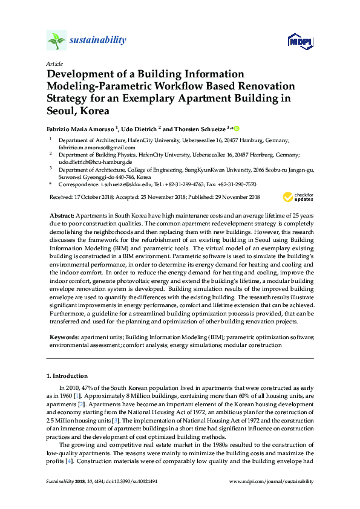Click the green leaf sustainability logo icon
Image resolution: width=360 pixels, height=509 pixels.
(56, 41)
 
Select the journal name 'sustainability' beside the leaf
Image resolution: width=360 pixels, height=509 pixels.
(98, 41)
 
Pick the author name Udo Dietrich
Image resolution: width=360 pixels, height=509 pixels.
(139, 128)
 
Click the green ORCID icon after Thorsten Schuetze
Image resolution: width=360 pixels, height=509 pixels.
(237, 128)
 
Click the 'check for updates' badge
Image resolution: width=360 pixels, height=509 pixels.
(297, 197)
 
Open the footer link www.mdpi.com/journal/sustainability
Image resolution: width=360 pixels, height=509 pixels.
(272, 481)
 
